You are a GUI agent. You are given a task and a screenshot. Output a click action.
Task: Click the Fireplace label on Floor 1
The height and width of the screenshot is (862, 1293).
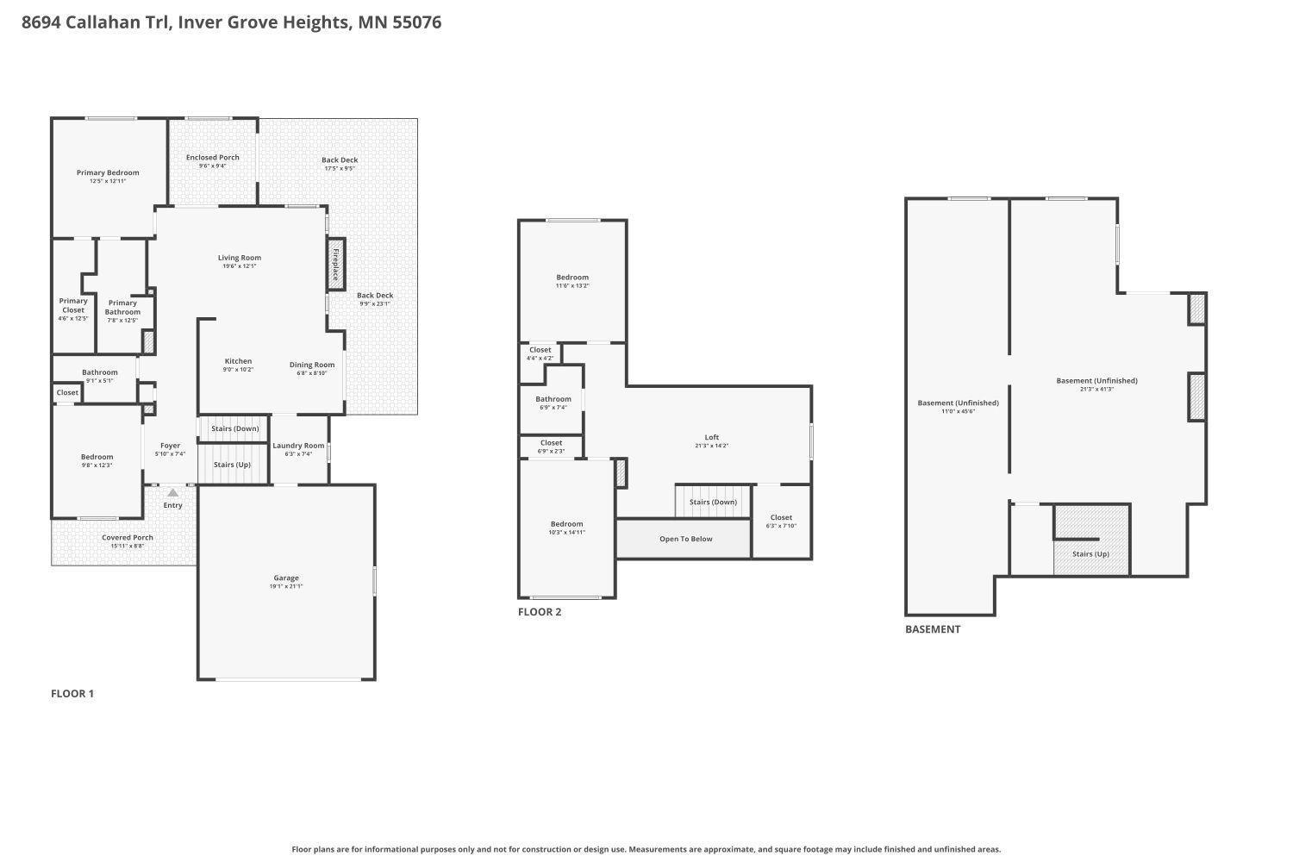(335, 265)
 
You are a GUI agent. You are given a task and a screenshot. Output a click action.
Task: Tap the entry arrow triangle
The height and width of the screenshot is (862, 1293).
(172, 492)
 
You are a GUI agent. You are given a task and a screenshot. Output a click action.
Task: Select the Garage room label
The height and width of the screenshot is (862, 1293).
(286, 578)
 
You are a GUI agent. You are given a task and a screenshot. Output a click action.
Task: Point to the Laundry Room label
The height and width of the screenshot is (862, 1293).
(298, 445)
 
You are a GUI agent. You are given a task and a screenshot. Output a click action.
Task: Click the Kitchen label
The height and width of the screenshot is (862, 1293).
(238, 361)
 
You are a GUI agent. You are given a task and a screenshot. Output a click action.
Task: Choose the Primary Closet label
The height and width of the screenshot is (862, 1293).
(73, 305)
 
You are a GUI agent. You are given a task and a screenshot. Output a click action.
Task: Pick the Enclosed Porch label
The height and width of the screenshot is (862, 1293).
(212, 157)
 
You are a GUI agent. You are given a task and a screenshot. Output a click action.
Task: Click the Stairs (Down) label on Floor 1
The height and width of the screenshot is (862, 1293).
(235, 428)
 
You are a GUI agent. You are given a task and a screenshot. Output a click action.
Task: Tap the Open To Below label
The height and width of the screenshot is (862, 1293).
(686, 539)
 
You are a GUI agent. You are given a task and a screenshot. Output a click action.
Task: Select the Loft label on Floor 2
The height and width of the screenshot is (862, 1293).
(712, 437)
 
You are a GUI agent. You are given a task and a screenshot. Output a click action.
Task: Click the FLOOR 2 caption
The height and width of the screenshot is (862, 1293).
(540, 612)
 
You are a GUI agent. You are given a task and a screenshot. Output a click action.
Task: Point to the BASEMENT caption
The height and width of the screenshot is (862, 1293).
(933, 629)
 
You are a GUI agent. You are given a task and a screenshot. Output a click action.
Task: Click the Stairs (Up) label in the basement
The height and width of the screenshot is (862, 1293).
(1091, 553)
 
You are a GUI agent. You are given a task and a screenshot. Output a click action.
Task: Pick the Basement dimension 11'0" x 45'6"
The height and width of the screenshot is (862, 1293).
(959, 412)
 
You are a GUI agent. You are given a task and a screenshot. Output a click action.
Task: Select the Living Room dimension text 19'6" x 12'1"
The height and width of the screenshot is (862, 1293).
(240, 266)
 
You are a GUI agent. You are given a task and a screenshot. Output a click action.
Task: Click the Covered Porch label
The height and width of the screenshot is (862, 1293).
(128, 537)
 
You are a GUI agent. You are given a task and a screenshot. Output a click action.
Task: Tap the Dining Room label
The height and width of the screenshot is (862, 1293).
(312, 365)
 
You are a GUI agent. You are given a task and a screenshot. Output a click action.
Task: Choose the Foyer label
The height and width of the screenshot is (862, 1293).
(171, 445)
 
